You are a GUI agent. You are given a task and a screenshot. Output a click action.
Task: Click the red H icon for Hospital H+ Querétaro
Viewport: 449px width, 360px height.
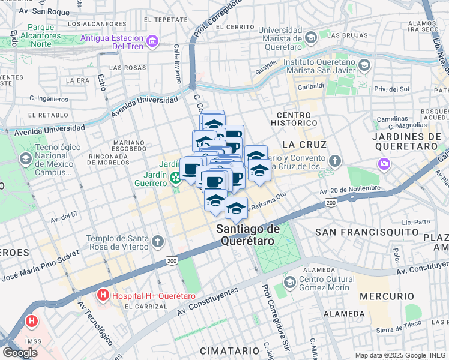click(103, 295)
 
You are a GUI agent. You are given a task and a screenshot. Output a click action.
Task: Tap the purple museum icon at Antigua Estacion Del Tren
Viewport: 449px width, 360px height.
click(152, 41)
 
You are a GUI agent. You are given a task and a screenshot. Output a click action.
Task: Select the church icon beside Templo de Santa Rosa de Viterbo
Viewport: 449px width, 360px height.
click(157, 242)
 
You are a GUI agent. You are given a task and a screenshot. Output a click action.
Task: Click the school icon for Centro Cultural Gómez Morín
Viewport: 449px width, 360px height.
click(289, 282)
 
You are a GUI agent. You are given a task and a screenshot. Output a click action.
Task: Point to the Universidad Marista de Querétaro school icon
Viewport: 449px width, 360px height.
click(310, 39)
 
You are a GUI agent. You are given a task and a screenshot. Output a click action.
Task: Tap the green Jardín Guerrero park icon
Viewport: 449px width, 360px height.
click(175, 177)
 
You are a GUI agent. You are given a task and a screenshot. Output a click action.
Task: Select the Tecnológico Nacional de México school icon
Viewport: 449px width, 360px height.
click(25, 159)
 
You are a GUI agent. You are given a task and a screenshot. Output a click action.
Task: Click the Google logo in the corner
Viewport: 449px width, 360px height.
click(20, 353)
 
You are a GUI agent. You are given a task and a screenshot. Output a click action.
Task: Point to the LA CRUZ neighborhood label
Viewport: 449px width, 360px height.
click(304, 145)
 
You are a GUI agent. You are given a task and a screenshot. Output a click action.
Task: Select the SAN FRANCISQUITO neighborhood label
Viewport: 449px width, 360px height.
click(367, 232)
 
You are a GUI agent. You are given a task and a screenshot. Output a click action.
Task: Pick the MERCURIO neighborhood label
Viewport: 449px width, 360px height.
click(387, 296)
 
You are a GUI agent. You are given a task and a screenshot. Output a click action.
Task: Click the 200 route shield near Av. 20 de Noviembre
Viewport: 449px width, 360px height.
click(331, 204)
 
